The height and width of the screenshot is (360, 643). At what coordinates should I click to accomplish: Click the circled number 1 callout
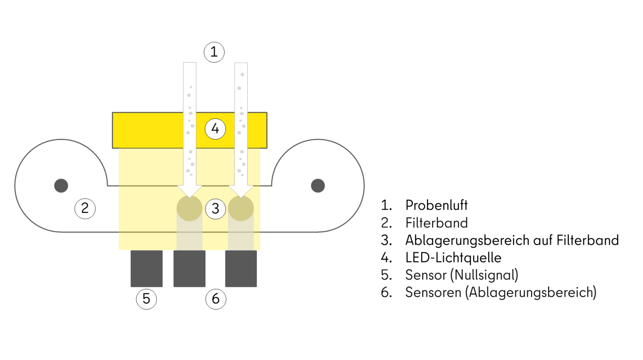tap(214, 52)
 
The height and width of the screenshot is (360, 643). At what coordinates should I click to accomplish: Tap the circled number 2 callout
tap(85, 209)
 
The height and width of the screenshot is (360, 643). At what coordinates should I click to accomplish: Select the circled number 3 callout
tap(215, 209)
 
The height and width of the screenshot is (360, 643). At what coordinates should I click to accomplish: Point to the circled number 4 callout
tap(215, 129)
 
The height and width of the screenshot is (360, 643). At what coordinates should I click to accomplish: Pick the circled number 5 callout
tap(146, 299)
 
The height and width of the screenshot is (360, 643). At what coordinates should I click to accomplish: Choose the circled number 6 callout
tap(216, 299)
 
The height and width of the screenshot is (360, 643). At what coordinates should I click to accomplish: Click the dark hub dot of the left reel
tap(61, 186)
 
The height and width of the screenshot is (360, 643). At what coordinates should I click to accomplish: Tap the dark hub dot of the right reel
tap(318, 186)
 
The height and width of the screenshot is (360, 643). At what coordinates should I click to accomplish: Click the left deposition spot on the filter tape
tap(189, 209)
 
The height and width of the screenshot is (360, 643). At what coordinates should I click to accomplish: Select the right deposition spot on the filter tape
tap(241, 209)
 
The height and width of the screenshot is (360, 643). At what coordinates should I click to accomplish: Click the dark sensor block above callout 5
tap(147, 269)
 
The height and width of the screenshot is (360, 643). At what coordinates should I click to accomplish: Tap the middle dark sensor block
tap(189, 269)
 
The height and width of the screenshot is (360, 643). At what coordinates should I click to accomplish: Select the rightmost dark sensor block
tap(241, 269)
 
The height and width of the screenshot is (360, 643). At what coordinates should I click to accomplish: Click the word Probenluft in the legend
tap(436, 205)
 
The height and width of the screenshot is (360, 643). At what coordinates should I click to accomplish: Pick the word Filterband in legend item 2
tap(436, 223)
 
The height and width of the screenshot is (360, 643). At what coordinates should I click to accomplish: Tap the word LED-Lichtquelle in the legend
tap(453, 258)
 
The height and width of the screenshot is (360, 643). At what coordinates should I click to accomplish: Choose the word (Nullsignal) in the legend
tap(484, 275)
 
